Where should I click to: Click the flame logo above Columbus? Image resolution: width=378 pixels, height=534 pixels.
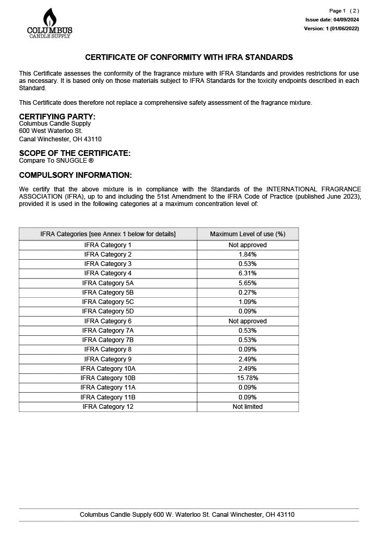click(50, 17)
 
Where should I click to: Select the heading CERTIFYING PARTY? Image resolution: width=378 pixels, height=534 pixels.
click(57, 116)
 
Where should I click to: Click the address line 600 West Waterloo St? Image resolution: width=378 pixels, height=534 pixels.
click(51, 131)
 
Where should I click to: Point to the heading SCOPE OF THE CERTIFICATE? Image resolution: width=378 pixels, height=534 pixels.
click(75, 153)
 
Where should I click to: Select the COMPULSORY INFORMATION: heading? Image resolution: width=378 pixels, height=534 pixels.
click(75, 175)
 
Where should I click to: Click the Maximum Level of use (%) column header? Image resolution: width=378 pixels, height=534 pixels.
click(247, 234)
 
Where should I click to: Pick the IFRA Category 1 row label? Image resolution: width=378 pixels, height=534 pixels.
click(108, 245)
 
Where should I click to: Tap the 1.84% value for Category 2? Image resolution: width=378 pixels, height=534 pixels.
click(247, 254)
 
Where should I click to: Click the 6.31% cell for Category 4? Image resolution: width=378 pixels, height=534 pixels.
click(247, 273)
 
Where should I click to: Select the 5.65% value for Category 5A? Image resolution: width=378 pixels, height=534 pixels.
click(247, 283)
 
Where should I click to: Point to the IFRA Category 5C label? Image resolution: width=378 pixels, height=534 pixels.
click(108, 302)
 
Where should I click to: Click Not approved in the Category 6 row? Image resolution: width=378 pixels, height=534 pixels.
click(247, 321)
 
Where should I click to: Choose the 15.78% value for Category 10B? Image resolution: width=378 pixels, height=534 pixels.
click(247, 378)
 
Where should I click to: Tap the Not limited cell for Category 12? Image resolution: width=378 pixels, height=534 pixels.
click(247, 407)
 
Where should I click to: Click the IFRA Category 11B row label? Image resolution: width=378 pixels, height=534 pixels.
click(108, 397)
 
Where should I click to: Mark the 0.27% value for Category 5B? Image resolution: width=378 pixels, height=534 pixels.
click(247, 293)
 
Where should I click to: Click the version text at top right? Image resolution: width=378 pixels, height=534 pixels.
click(332, 29)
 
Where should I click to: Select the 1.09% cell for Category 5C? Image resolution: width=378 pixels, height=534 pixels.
click(247, 302)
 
